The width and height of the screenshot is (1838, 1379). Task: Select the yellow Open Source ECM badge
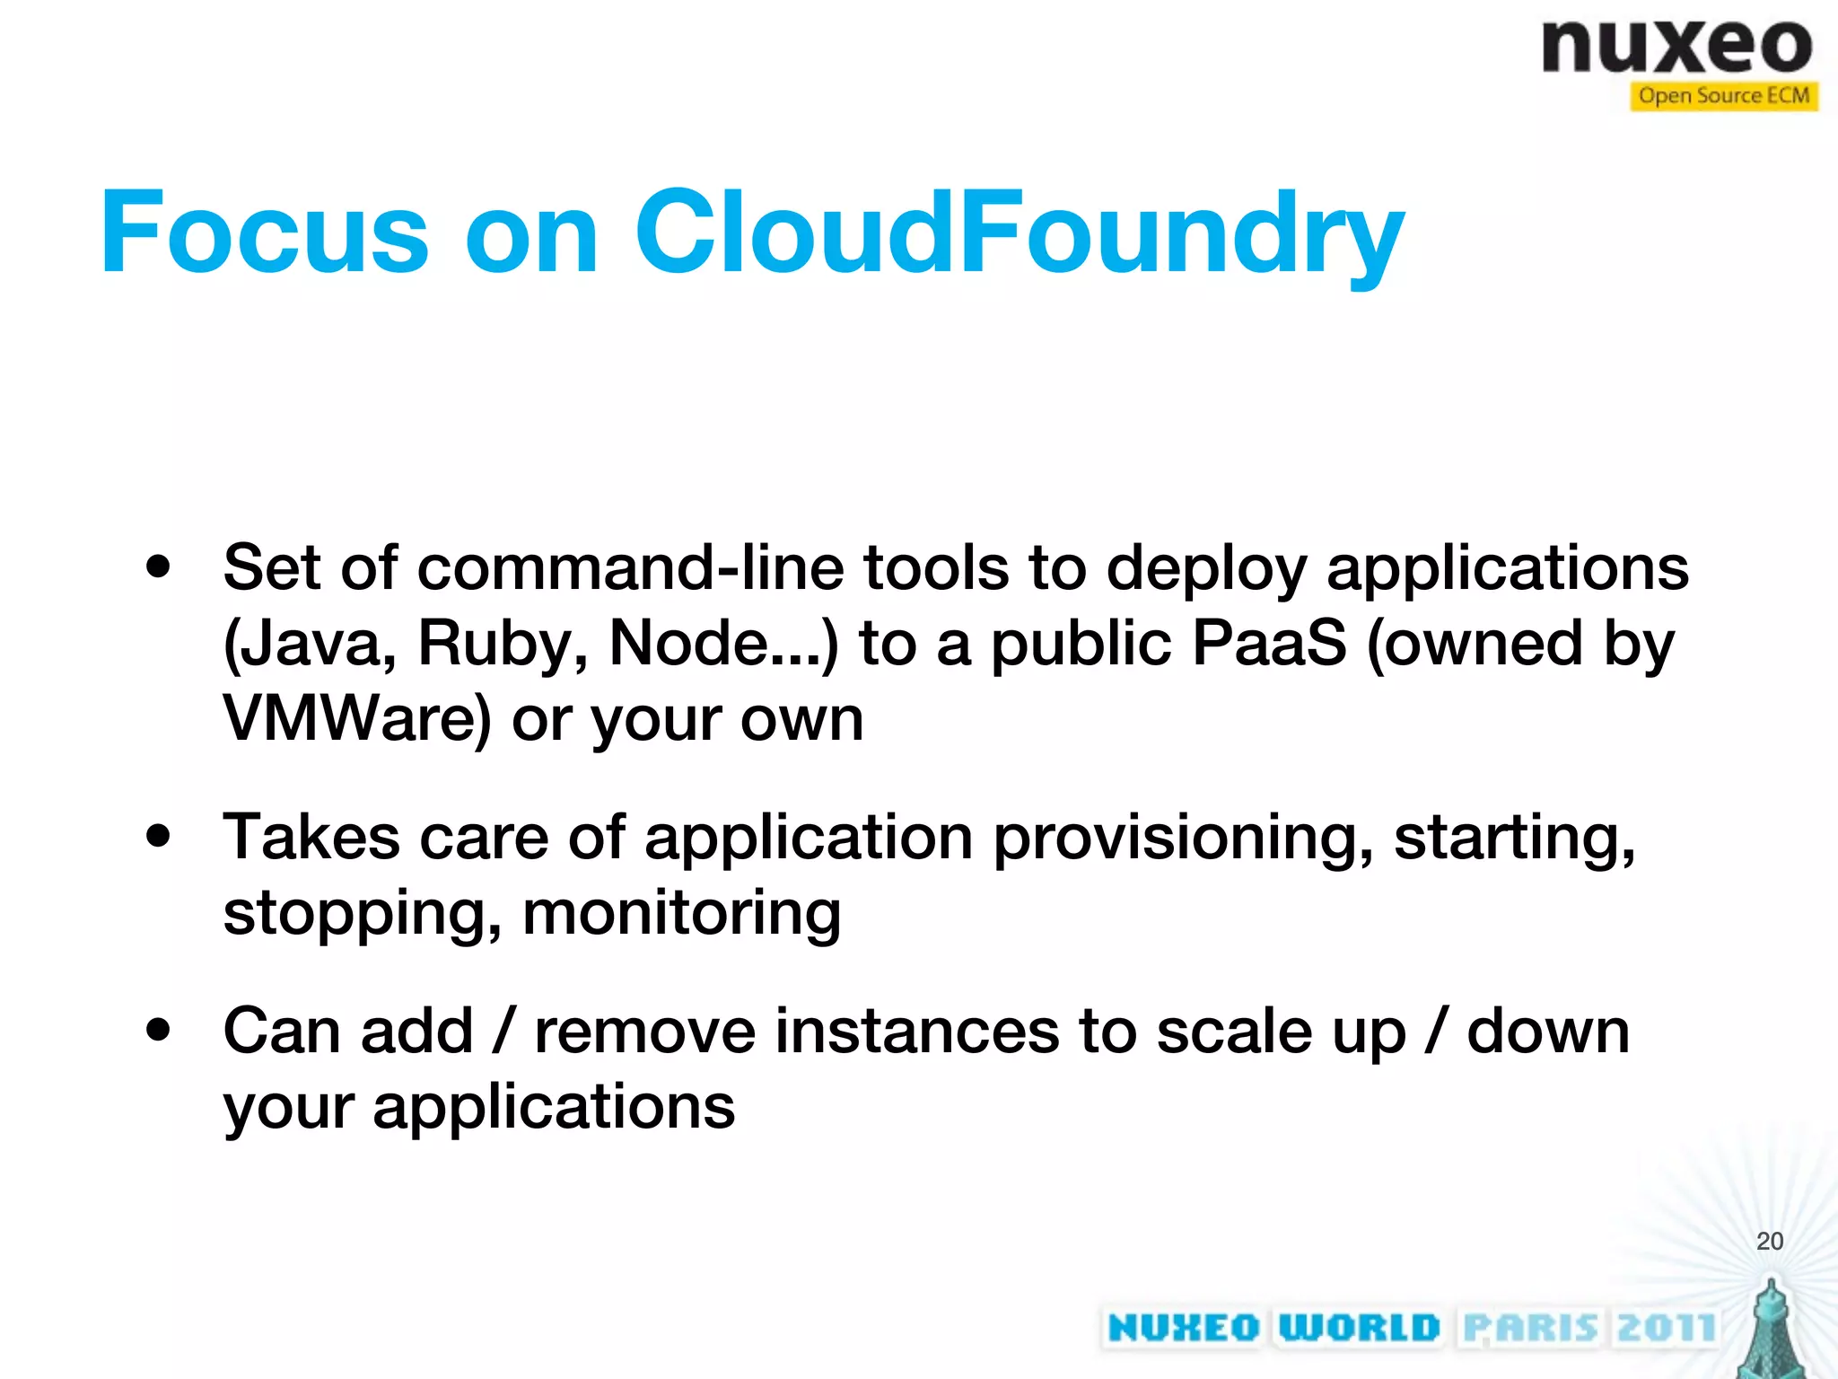pos(1723,96)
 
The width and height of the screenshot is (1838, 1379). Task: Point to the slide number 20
pos(1769,1241)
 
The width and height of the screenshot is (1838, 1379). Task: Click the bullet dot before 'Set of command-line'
pos(158,567)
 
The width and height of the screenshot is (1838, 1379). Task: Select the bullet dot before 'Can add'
pos(158,1031)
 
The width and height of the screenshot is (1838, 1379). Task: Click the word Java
pos(310,645)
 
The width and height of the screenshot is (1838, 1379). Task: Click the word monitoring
pos(681,914)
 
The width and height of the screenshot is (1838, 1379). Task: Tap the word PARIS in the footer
pos(1530,1327)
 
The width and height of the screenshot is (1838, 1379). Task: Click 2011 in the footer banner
pos(1666,1327)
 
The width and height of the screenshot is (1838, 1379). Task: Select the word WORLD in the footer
pos(1359,1327)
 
